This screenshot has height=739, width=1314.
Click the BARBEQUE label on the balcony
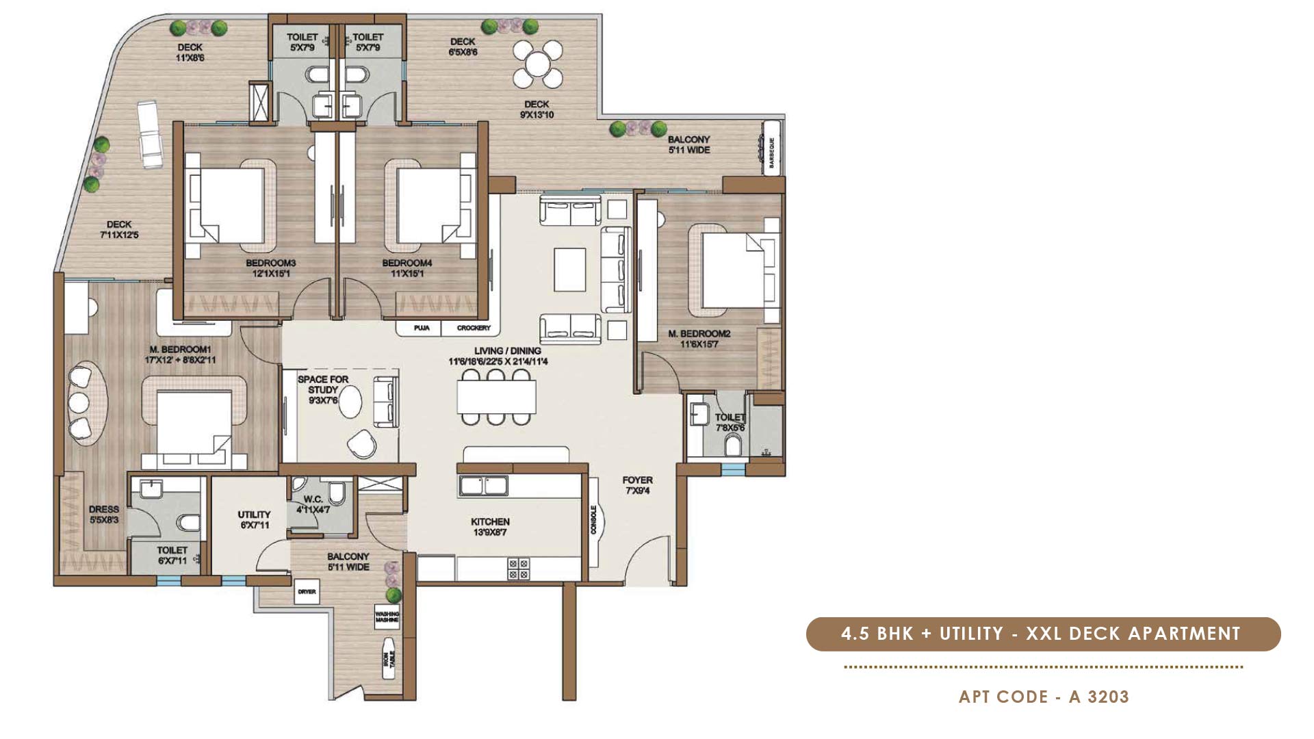(x=771, y=152)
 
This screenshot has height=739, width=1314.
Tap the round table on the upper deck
(x=538, y=65)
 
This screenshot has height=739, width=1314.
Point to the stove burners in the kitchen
(x=518, y=569)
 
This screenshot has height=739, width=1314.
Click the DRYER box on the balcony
(x=307, y=592)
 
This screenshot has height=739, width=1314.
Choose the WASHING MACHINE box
(x=387, y=617)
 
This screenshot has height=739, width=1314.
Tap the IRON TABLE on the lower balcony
(x=388, y=658)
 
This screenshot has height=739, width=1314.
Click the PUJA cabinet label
(x=422, y=328)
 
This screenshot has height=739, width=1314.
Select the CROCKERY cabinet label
(x=474, y=328)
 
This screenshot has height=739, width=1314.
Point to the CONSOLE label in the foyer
(x=593, y=520)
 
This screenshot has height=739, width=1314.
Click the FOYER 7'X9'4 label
(x=637, y=485)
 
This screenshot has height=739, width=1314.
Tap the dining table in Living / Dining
(x=496, y=396)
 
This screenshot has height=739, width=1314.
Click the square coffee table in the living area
(x=569, y=270)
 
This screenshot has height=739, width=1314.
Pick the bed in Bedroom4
(x=430, y=205)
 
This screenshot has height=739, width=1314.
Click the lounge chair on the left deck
(x=149, y=134)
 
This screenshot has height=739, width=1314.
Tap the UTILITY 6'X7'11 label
(x=254, y=519)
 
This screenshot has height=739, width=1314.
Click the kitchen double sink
(x=483, y=486)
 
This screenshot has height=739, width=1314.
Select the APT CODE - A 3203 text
(x=1044, y=697)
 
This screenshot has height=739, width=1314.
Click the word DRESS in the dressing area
(x=103, y=510)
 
